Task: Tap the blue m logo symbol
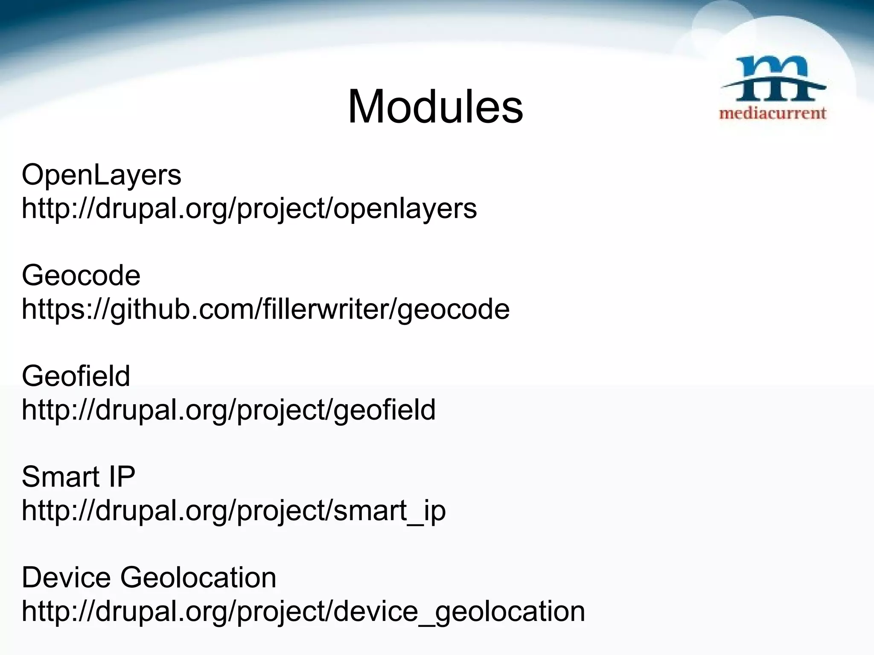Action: (773, 79)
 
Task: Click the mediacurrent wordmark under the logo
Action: (773, 113)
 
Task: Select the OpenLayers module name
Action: (102, 175)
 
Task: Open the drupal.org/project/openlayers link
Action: (249, 209)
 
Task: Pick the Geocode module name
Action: (81, 275)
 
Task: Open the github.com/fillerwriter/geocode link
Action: (265, 309)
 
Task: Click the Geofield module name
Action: (76, 376)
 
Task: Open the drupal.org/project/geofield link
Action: (229, 410)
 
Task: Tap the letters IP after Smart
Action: (122, 477)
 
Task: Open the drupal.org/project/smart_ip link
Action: (234, 510)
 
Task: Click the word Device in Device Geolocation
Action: (67, 577)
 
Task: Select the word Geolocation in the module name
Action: (198, 577)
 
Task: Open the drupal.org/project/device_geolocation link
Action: (303, 611)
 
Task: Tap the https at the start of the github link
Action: (47, 309)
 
